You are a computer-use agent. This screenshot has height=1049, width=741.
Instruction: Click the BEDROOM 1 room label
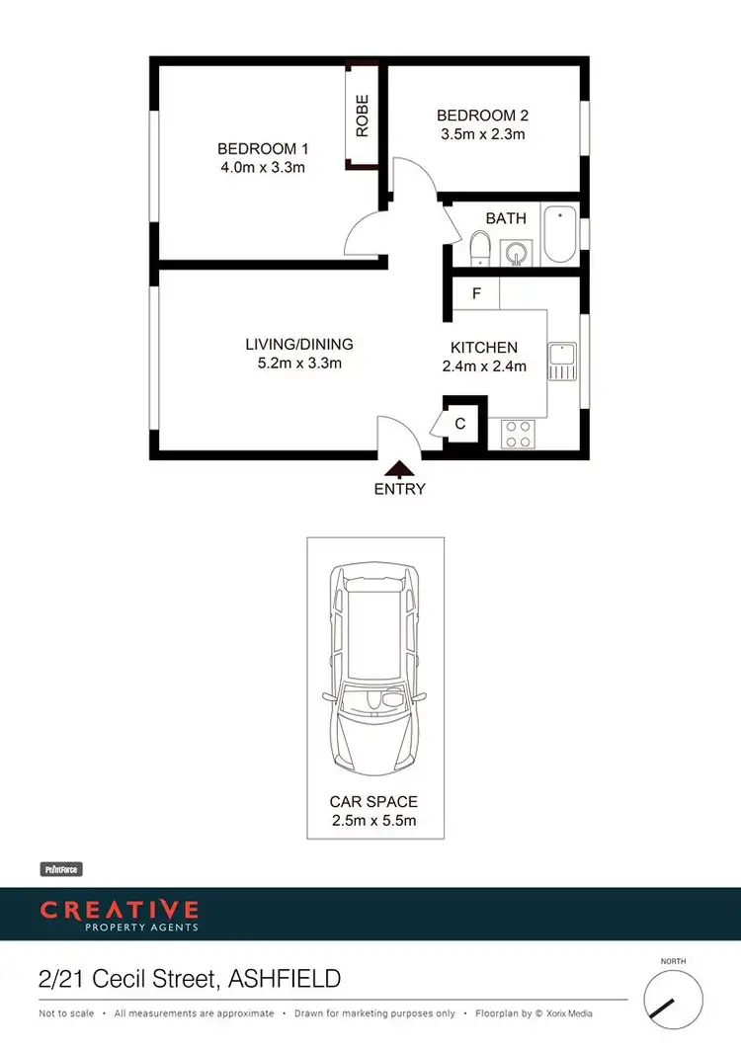coord(263,149)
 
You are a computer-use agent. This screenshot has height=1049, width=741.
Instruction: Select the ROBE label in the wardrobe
coord(362,116)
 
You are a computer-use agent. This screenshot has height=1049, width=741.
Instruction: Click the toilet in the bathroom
coord(479,248)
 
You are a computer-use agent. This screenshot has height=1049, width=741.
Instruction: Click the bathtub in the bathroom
coord(560,234)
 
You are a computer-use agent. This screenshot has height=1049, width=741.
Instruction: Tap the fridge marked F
coord(476,293)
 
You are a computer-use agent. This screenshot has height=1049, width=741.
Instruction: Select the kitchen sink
coord(562,361)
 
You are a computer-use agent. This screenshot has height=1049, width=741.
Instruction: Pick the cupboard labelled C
coord(460,424)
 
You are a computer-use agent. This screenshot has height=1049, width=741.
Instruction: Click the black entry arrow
coord(399,470)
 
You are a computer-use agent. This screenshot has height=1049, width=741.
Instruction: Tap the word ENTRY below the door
coord(399,489)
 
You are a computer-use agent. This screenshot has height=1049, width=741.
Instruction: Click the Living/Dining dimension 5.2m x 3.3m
coord(299,363)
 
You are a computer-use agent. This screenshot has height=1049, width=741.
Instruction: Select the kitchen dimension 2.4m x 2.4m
coord(484,366)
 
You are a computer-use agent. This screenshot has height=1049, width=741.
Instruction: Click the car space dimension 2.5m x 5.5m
coord(374,820)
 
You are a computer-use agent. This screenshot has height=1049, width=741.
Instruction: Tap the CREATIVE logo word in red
coord(119,909)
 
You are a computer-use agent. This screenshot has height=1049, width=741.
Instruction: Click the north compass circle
coord(673,998)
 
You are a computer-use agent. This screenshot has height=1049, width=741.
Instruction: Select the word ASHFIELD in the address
coord(285,979)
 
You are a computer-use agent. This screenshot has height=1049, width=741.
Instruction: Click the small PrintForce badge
coord(60,869)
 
